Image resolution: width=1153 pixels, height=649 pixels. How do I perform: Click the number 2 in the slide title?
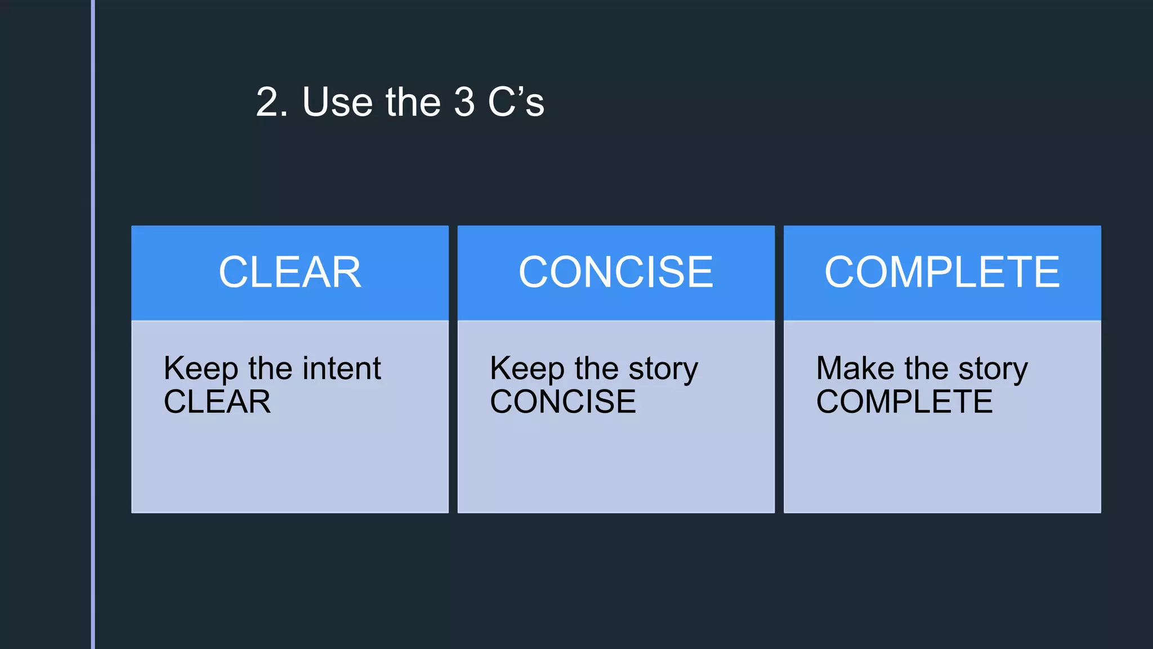pos(268,103)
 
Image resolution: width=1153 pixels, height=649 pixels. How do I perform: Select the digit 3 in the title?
pos(464,103)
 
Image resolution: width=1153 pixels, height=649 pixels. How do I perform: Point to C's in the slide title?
pos(516,103)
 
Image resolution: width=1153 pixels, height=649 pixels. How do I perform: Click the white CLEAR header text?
pos(290,273)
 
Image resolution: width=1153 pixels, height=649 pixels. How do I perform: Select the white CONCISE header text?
pos(616,273)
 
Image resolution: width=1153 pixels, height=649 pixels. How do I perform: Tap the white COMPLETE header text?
pos(942,273)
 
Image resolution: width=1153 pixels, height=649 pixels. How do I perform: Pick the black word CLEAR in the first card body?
pos(217,402)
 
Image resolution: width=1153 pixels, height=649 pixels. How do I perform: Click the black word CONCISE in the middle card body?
pos(563,402)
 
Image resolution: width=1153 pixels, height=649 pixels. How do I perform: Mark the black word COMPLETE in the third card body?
pos(904,402)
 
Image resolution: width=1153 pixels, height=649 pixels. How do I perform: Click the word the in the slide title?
pos(413,103)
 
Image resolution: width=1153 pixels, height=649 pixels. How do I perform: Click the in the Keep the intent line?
pos(270,369)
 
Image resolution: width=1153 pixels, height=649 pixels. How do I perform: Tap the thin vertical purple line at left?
pos(93,324)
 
